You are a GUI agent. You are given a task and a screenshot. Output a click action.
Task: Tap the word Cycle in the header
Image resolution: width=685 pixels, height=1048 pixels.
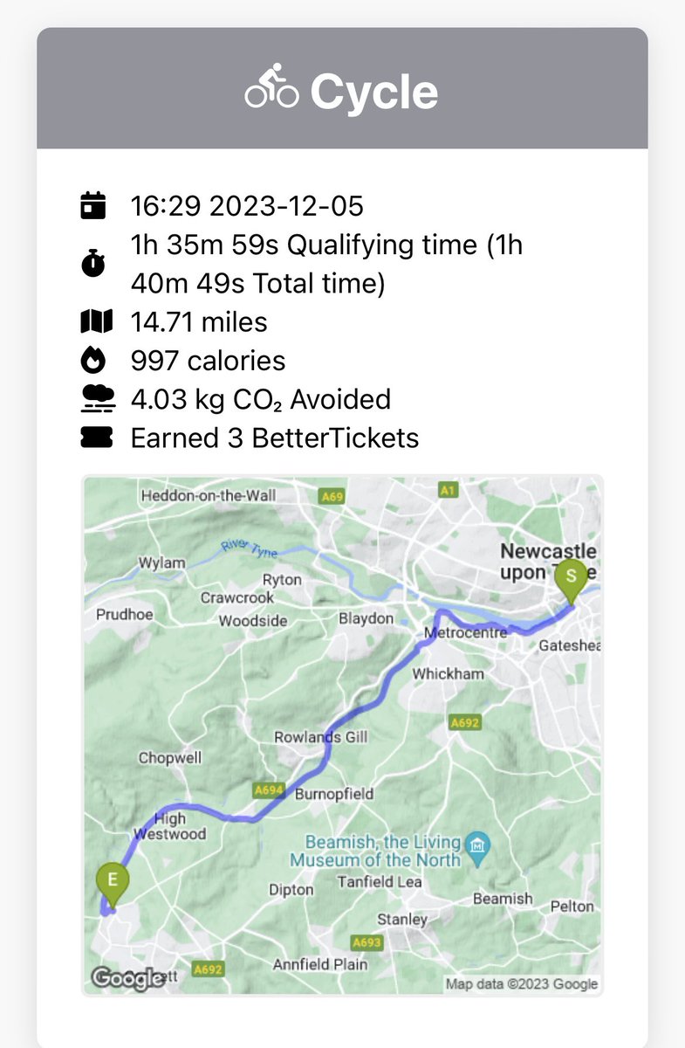[374, 91]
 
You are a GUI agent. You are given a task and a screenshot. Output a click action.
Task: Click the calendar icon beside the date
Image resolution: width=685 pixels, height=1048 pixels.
[93, 206]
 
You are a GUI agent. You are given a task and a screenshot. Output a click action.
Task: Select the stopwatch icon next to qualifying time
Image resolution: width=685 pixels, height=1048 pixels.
[93, 265]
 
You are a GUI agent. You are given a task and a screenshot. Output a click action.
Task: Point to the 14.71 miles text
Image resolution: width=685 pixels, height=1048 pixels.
[199, 322]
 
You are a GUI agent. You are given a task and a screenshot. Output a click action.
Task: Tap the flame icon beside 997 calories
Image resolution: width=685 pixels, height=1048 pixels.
[93, 360]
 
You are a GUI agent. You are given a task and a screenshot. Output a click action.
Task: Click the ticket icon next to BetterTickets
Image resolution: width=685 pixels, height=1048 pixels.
[93, 438]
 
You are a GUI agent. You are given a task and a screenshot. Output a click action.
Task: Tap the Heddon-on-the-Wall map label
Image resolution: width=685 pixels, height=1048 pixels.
[209, 496]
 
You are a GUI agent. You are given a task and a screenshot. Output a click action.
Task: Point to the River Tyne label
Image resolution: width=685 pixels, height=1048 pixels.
[248, 548]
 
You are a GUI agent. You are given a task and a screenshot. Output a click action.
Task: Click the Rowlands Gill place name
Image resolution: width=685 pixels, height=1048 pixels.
[321, 737]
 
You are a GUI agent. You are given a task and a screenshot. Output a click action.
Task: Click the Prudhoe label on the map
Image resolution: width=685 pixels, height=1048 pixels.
[124, 615]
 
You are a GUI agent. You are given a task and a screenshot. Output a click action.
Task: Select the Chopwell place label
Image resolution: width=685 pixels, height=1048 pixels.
[170, 758]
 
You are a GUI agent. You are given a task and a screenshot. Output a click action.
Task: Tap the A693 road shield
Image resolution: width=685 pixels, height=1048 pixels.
[366, 943]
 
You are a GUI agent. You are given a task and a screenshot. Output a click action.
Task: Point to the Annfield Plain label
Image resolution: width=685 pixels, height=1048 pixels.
[320, 964]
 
